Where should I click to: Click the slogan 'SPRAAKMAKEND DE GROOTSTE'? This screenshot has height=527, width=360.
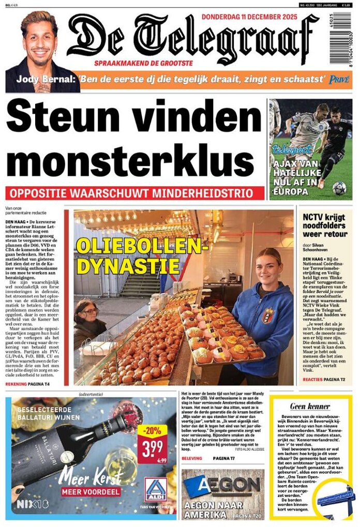point(143,63)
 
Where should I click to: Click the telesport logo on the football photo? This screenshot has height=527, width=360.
point(292,150)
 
